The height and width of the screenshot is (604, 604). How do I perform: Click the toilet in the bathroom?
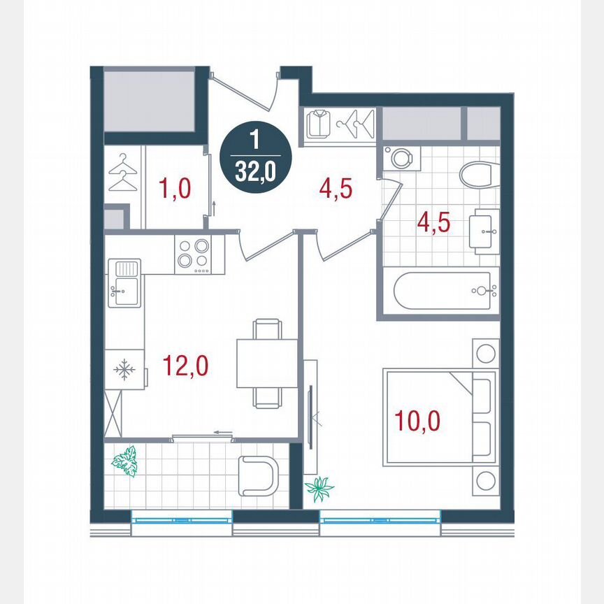coord(479,173)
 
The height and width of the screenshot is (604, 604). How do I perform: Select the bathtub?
coord(445,292)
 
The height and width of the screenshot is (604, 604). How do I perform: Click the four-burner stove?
coord(194,254)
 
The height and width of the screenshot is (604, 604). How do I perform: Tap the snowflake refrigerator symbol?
coord(124,370)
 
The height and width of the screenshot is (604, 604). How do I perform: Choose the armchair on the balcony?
coord(256,475)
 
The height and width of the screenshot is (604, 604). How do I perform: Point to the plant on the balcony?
coord(125,461)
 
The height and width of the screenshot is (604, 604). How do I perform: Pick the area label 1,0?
coord(175,189)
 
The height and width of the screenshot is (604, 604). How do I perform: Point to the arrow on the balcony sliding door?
coord(223,433)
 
